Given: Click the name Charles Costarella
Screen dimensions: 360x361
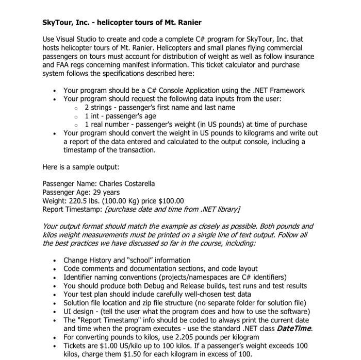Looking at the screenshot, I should click(126, 183).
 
